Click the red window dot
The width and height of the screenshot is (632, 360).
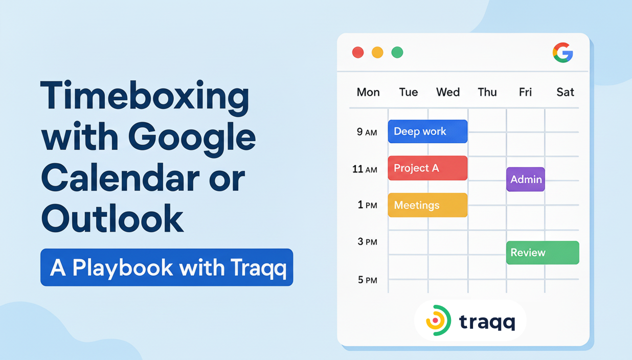[x=358, y=52]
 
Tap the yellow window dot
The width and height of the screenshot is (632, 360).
[x=377, y=52]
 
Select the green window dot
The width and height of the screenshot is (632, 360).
[x=397, y=52]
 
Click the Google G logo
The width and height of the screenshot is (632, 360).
[x=562, y=53]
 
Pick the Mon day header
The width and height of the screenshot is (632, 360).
[x=368, y=93]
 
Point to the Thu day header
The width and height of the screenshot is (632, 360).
[x=487, y=93]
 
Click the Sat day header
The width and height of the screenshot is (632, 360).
[x=565, y=93]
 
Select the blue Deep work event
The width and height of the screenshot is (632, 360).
[x=427, y=131]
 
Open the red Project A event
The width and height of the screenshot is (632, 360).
[x=427, y=168]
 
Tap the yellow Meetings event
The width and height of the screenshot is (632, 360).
[x=427, y=205]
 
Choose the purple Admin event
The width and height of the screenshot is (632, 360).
[x=526, y=179]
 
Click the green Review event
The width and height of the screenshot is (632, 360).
[x=543, y=253]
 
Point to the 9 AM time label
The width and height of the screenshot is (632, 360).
[x=367, y=132]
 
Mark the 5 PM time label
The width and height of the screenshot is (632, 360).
[x=367, y=280]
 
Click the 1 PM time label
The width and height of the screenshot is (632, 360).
[x=367, y=205]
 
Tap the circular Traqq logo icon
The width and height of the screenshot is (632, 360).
[x=438, y=321]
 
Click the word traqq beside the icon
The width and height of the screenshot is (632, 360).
[x=487, y=322]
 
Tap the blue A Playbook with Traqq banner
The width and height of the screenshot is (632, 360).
[x=167, y=267]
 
